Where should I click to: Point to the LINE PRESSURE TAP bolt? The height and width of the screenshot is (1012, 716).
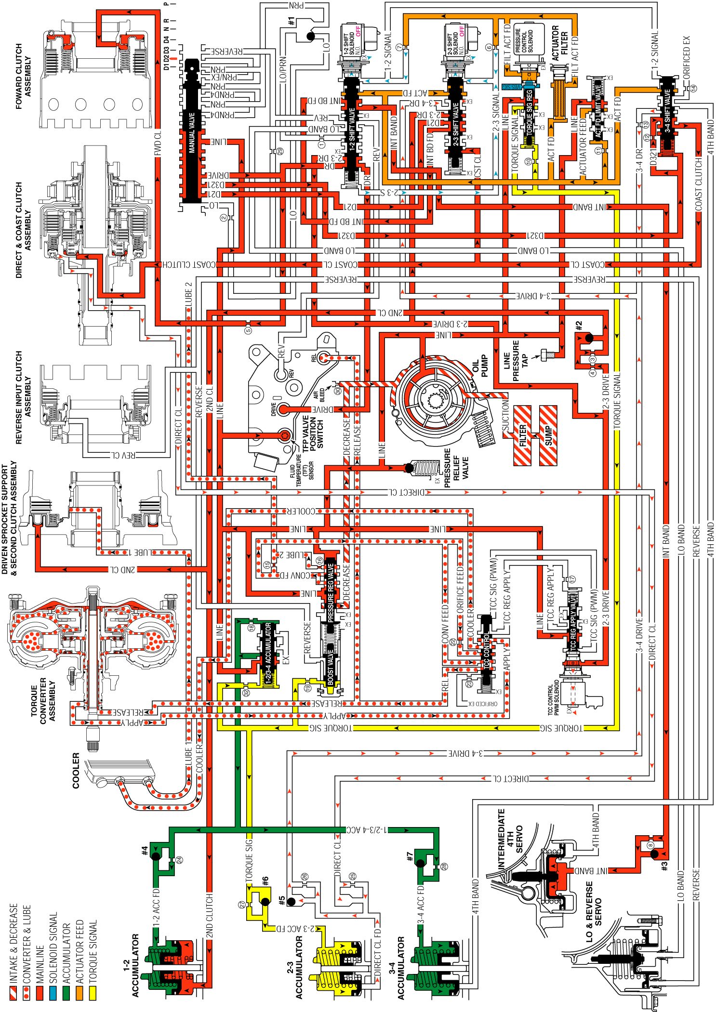pyautogui.click(x=547, y=355)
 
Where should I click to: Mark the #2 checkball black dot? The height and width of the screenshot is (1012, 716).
pyautogui.click(x=589, y=338)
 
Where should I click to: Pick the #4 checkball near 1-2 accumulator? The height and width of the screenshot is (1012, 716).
pyautogui.click(x=156, y=855)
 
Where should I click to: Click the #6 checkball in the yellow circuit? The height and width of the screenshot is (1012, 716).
pyautogui.click(x=265, y=902)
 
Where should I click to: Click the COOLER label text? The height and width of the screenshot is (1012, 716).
pyautogui.click(x=76, y=771)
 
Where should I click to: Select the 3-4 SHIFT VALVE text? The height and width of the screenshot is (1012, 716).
pyautogui.click(x=667, y=111)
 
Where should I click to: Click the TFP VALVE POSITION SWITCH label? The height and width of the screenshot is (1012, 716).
pyautogui.click(x=313, y=433)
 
